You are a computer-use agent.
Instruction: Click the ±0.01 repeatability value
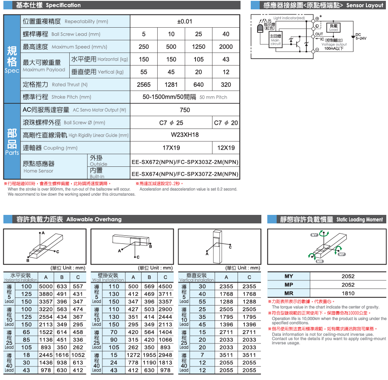184,22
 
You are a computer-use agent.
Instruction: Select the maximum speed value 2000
226,47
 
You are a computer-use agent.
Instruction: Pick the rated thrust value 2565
144,85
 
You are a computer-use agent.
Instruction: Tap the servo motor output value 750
184,110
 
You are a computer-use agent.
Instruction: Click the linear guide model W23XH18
184,135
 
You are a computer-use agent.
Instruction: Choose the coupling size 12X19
226,148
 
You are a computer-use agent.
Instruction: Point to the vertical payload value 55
144,72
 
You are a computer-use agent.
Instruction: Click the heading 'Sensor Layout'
364,6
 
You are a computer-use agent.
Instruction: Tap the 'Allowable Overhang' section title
93,220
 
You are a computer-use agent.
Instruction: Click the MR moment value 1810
348,294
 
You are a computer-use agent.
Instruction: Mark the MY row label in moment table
289,277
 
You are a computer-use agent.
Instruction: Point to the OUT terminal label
319,34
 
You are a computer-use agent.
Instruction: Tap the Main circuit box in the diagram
276,40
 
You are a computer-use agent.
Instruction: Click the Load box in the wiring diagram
334,28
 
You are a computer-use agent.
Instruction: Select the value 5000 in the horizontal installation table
45,287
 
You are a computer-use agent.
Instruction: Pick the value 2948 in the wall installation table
165,355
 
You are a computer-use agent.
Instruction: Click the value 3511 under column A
226,355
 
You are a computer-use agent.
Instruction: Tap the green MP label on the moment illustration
342,254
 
